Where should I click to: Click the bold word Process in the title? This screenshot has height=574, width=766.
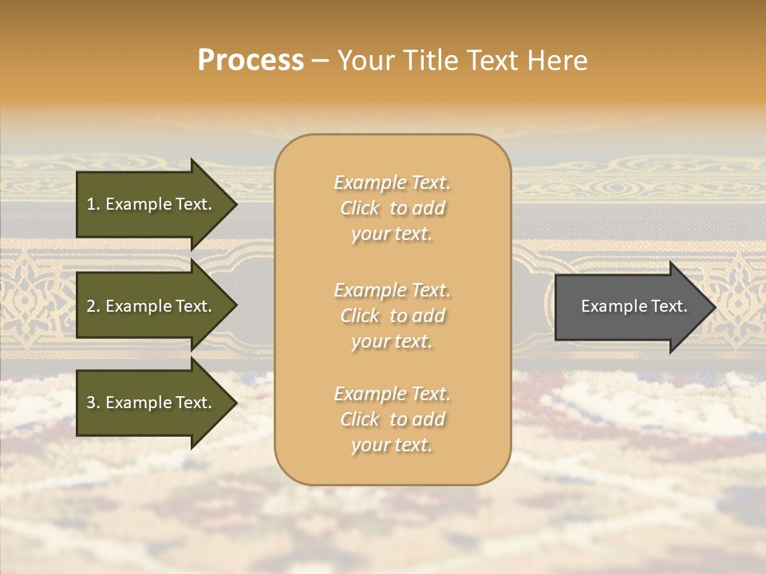251,61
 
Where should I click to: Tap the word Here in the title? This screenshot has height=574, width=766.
559,61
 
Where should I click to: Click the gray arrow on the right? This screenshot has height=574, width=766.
630,306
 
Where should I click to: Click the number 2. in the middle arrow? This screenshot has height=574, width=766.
93,306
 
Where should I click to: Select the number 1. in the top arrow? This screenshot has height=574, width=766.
93,204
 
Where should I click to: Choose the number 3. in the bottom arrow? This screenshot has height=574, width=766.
93,403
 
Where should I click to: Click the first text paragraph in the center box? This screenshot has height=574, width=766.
392,208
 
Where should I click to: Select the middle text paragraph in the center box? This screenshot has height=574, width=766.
392,315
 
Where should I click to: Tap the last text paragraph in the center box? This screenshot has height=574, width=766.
392,419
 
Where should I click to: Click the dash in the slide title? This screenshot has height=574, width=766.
320,61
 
